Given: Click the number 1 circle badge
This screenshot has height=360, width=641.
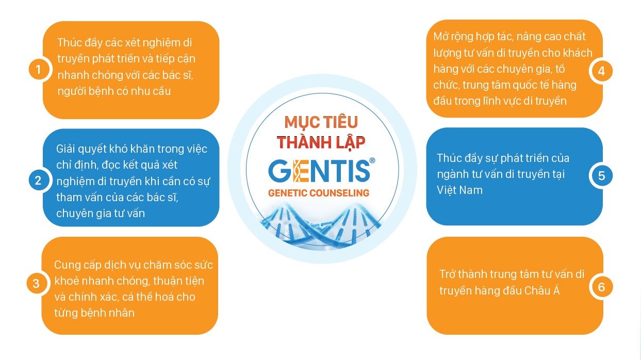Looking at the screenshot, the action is (38, 70).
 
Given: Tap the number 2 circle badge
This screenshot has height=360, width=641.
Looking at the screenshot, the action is (38, 181).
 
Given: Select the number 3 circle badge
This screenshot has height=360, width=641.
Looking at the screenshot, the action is (36, 284).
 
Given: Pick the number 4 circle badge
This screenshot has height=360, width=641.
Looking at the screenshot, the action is (601, 71).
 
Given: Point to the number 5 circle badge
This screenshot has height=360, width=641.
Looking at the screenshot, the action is (601, 176).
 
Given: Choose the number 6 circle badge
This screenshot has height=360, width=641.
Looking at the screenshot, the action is (601, 287).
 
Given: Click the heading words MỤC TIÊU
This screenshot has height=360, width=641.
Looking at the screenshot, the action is (321, 122).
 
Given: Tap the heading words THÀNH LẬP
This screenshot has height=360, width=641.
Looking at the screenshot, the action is (321, 142).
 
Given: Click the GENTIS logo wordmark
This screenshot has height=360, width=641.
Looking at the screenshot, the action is (319, 171).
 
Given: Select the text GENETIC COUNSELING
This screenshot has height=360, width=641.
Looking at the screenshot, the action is (319, 193).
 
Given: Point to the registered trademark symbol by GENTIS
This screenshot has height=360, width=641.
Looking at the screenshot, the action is (372, 160).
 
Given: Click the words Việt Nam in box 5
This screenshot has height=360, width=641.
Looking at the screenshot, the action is (459, 190).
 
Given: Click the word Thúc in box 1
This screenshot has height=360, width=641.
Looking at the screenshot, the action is (69, 43).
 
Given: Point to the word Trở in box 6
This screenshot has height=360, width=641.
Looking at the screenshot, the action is (447, 274).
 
